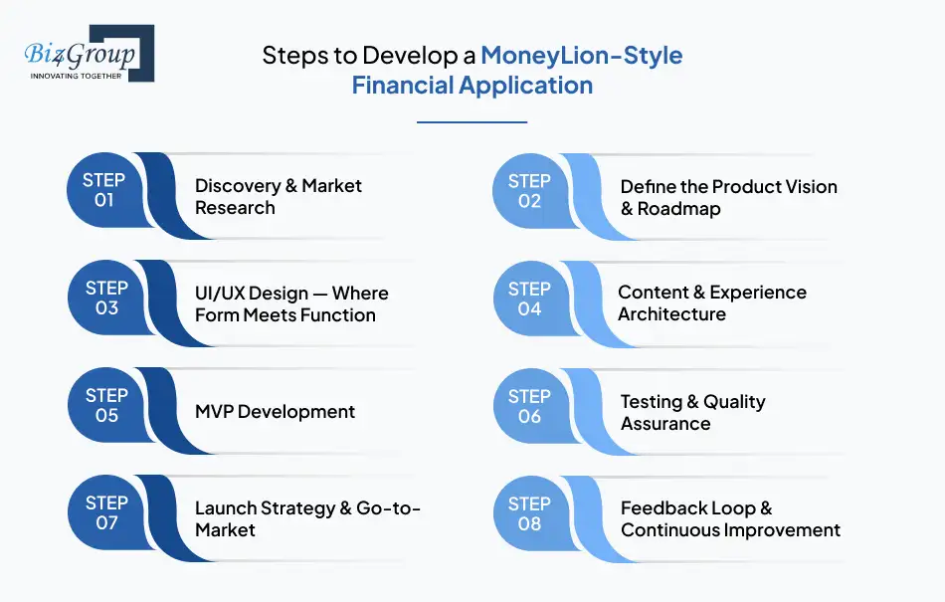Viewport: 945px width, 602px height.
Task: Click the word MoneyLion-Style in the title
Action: click(x=582, y=55)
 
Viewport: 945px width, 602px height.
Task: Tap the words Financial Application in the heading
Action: click(x=472, y=85)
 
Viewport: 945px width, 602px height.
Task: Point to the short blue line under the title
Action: click(x=472, y=121)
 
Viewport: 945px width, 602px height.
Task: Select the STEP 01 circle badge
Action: click(x=104, y=190)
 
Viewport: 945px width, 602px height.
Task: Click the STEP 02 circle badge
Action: click(x=529, y=190)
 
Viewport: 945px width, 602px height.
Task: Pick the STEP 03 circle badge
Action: click(x=106, y=298)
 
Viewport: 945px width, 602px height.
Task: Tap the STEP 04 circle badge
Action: click(x=529, y=298)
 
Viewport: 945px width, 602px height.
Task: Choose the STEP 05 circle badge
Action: click(x=106, y=405)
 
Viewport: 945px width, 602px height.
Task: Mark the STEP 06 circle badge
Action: click(x=529, y=405)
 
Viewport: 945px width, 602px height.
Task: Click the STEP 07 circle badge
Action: click(x=106, y=512)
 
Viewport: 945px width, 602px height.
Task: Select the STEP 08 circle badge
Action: click(x=529, y=512)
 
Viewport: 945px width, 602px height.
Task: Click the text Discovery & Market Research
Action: click(x=278, y=196)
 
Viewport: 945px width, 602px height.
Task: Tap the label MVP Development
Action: click(x=275, y=411)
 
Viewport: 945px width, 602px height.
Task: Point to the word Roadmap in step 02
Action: click(x=678, y=209)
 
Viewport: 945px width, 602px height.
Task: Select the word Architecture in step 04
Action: click(x=671, y=314)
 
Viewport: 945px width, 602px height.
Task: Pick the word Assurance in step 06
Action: click(x=665, y=424)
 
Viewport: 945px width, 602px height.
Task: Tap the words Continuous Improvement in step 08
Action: click(x=730, y=530)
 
